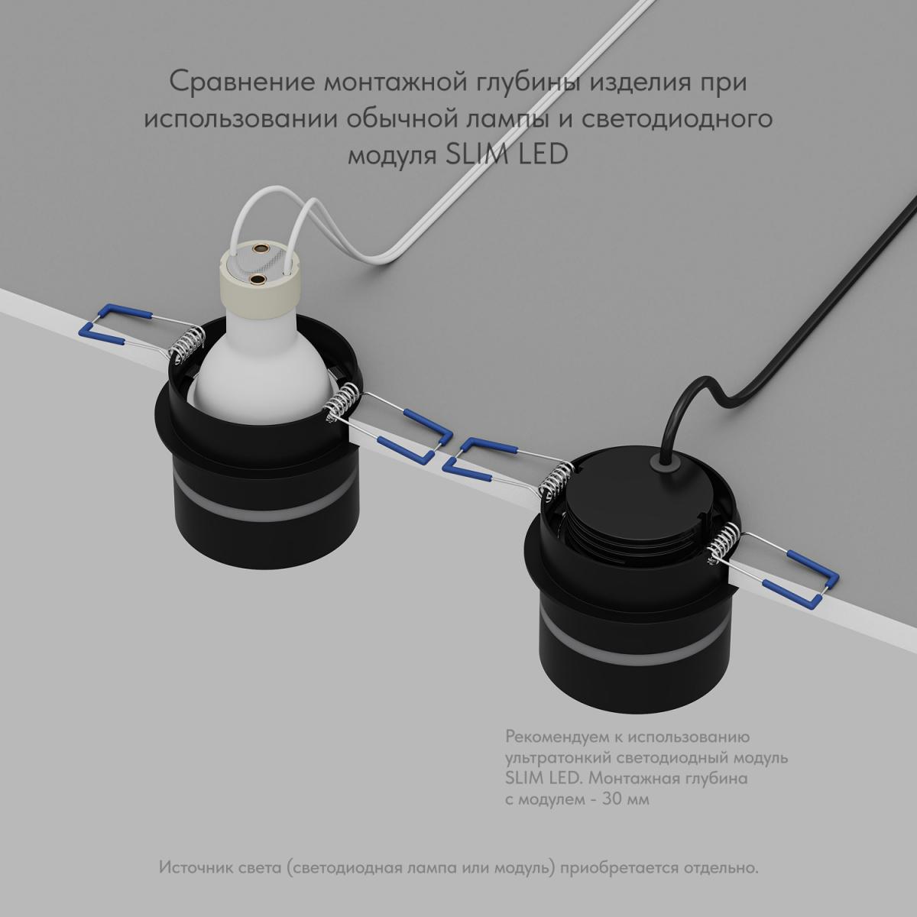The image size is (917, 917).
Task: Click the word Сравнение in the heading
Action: pyautogui.click(x=241, y=82)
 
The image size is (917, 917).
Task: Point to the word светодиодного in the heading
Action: pyautogui.click(x=677, y=119)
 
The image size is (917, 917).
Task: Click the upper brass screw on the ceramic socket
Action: pyautogui.click(x=261, y=248)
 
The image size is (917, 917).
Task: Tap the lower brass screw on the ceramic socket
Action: pyautogui.click(x=258, y=280)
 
